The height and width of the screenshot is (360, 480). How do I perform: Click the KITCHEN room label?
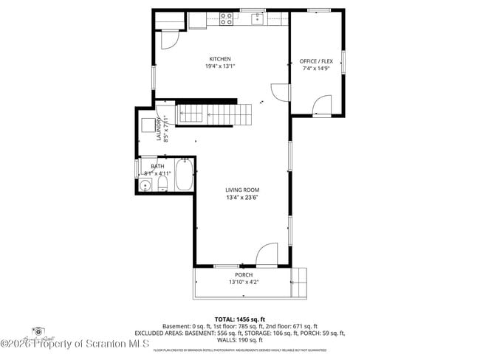(220, 59)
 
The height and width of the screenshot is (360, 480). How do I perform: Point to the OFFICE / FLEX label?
(315, 61)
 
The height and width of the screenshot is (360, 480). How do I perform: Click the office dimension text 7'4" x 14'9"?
(315, 69)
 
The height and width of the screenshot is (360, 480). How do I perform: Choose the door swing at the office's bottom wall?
(320, 107)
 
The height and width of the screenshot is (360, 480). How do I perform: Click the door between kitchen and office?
(280, 93)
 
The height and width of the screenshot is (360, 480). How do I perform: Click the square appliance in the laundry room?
(147, 125)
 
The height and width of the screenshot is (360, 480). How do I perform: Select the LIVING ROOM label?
(242, 190)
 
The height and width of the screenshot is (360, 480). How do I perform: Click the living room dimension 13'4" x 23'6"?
(242, 197)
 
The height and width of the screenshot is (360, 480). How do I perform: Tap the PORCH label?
(244, 274)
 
